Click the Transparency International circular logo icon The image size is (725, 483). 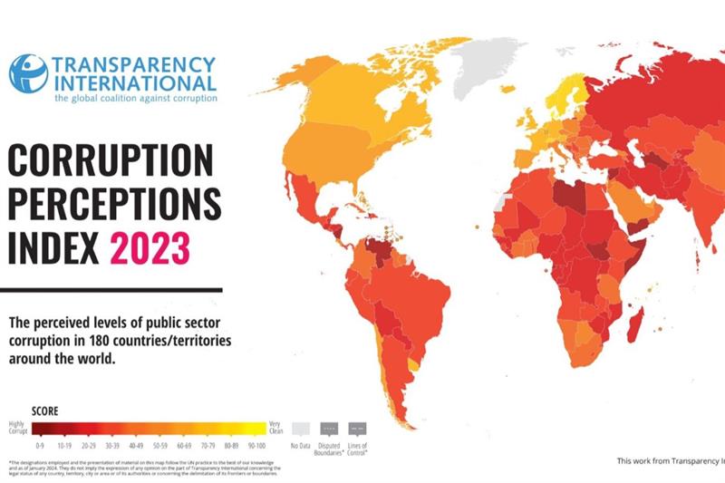coord(27,73)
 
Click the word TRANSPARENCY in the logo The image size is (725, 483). coord(134,65)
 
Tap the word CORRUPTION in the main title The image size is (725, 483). coord(110,161)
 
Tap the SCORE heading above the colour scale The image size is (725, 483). coord(45,410)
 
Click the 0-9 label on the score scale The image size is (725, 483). coord(39,446)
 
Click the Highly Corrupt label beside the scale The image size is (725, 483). coord(17,426)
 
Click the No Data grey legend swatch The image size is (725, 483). coord(301,428)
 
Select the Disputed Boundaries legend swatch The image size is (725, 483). coord(330,428)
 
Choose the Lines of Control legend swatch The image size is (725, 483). coord(358,428)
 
